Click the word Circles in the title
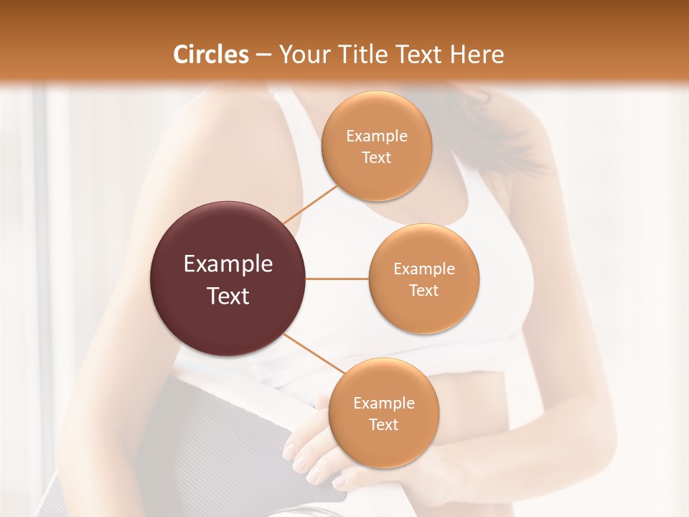click(x=210, y=55)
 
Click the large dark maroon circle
click(x=228, y=279)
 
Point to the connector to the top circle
click(x=309, y=204)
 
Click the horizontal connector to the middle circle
click(x=337, y=279)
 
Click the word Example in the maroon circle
click(x=228, y=264)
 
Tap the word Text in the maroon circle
click(x=228, y=296)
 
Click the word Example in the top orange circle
click(x=376, y=136)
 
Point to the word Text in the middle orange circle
click(x=423, y=290)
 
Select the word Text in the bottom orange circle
click(x=383, y=424)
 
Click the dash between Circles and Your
click(x=263, y=55)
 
